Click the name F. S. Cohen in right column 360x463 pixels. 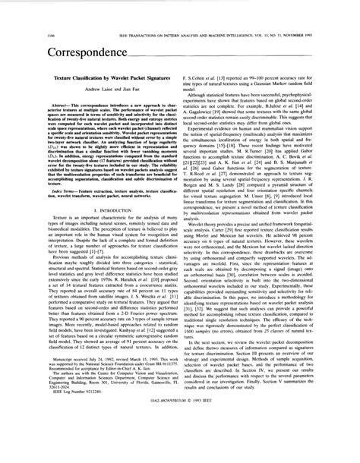tap(201, 78)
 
